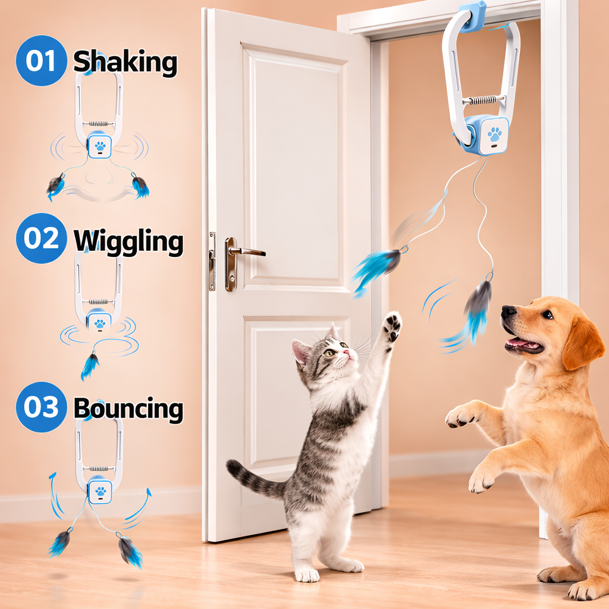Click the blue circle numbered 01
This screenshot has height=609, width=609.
point(41,61)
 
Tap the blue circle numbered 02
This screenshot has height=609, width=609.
point(41,238)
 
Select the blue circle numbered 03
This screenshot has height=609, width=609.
point(41,407)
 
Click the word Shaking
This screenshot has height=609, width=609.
point(125,62)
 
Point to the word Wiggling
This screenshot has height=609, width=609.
point(128,240)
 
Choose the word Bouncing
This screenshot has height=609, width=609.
point(128,409)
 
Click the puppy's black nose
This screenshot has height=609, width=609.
point(508,312)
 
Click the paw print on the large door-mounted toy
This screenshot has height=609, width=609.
point(494,134)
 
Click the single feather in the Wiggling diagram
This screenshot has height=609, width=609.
point(90,365)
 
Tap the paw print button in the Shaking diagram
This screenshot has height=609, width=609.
point(99,145)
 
